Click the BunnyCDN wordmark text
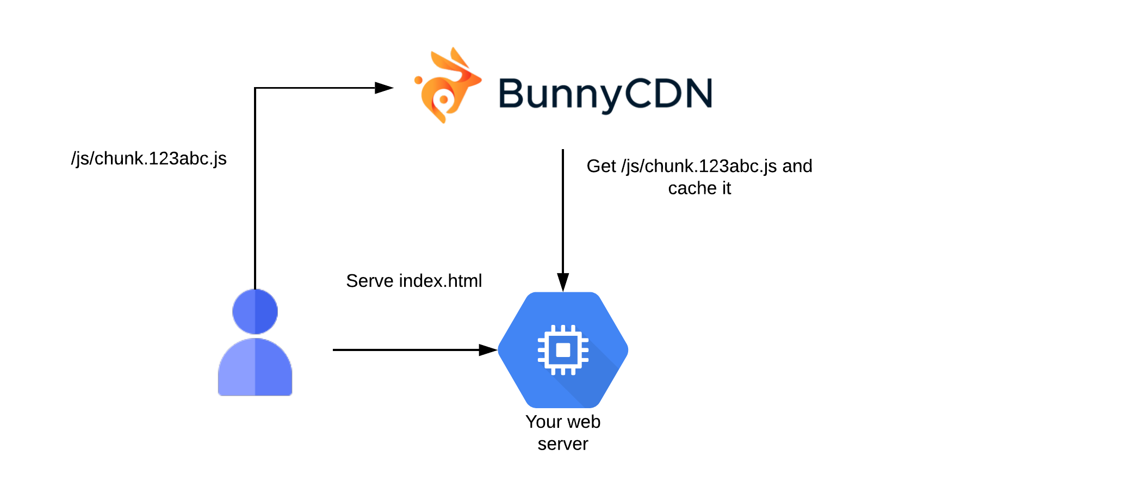click(605, 94)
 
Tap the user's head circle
click(255, 311)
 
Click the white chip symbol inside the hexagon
click(563, 350)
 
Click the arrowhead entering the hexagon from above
click(563, 282)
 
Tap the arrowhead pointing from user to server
click(488, 350)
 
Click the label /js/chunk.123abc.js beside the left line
click(148, 158)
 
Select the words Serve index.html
click(414, 281)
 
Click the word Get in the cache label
click(601, 166)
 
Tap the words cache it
click(699, 188)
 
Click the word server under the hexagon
click(563, 444)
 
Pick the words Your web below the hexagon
click(563, 422)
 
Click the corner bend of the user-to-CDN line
click(255, 88)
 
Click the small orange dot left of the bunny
click(418, 80)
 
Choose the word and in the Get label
click(797, 166)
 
